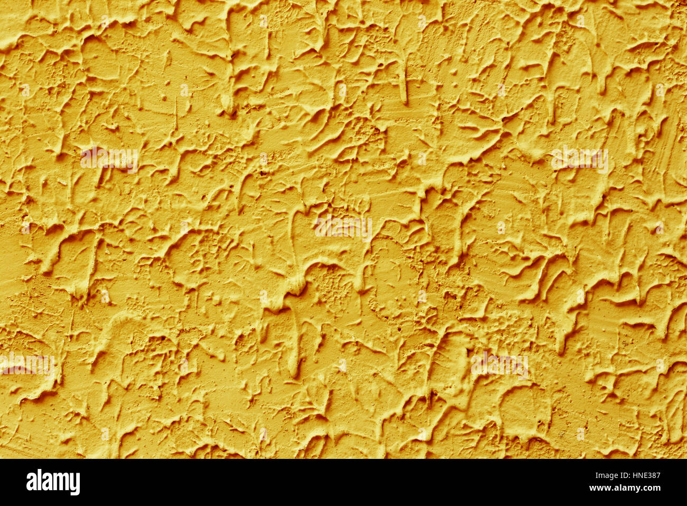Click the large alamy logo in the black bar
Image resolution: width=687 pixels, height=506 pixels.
53,482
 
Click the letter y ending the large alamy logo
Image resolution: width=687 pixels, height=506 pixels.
75,484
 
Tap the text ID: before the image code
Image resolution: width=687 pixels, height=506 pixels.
624,475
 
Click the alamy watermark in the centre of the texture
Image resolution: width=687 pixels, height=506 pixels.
343,227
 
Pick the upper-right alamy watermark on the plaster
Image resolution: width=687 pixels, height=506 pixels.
579,159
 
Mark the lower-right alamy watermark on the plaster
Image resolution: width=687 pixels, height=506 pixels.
499,364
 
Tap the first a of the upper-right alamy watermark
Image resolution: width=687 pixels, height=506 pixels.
556,160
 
